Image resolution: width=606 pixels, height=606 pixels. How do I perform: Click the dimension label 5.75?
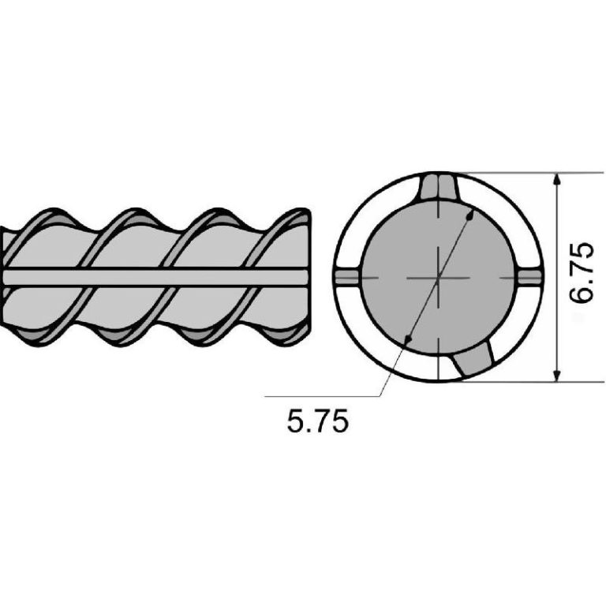pyautogui.click(x=318, y=421)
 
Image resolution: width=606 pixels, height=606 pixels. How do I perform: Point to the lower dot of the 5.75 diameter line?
pyautogui.click(x=407, y=339)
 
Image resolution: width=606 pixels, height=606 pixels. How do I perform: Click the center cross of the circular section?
pyautogui.click(x=438, y=278)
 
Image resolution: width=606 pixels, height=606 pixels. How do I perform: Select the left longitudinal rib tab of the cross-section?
pyautogui.click(x=347, y=278)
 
